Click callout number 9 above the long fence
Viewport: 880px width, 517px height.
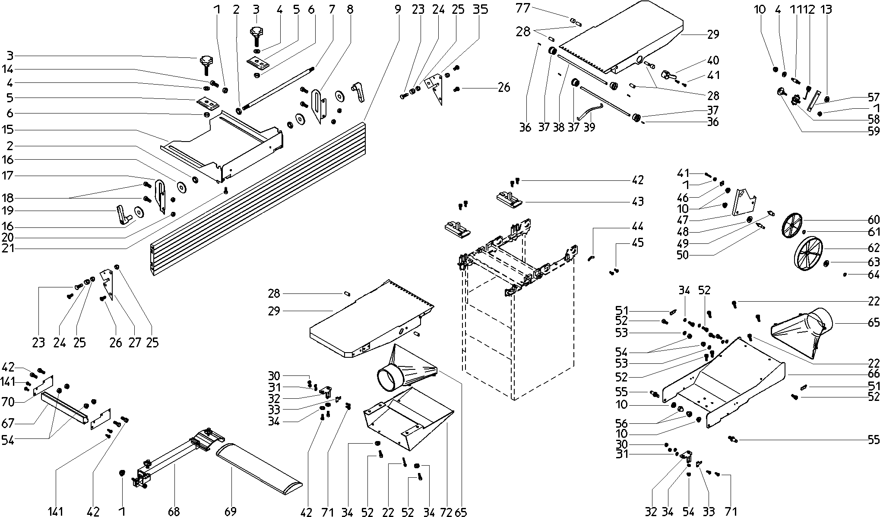[x=397, y=9]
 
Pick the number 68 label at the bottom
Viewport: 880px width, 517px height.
[x=174, y=511]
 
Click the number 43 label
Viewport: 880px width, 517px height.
[x=637, y=202]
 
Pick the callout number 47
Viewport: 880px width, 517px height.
[x=683, y=220]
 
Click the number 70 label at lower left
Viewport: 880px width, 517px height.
[x=8, y=402]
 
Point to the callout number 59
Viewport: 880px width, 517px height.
[x=873, y=131]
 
